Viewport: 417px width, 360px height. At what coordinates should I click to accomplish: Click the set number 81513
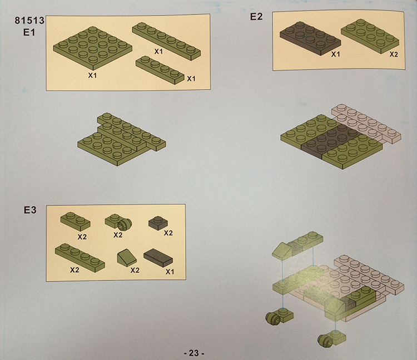(x=29, y=21)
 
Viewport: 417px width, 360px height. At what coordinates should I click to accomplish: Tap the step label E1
(x=29, y=32)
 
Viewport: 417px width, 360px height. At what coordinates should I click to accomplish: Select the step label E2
(x=256, y=17)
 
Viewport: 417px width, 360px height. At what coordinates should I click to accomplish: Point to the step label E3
(x=30, y=210)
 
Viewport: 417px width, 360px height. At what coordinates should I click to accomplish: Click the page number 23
(x=194, y=353)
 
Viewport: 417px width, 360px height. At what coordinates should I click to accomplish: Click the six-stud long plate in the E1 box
(x=166, y=41)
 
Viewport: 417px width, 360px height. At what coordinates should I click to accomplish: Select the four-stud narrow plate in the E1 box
(x=160, y=70)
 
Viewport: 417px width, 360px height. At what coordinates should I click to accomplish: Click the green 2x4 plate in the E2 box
(x=370, y=36)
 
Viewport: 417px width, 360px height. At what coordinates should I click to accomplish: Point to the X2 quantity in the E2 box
(x=394, y=55)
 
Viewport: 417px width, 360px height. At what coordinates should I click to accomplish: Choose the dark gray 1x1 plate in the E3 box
(x=158, y=223)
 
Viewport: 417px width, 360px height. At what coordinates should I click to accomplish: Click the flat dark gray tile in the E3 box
(x=158, y=257)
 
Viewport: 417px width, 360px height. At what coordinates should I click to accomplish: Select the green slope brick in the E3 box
(x=127, y=257)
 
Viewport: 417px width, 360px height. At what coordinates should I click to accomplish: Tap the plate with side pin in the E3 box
(x=118, y=221)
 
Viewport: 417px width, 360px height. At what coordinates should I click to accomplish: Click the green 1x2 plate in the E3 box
(x=75, y=221)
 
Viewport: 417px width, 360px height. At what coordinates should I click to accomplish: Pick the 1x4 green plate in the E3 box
(x=80, y=257)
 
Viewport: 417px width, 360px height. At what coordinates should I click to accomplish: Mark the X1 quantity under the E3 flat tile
(x=170, y=272)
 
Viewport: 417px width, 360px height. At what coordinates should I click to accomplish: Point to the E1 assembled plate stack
(x=122, y=139)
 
